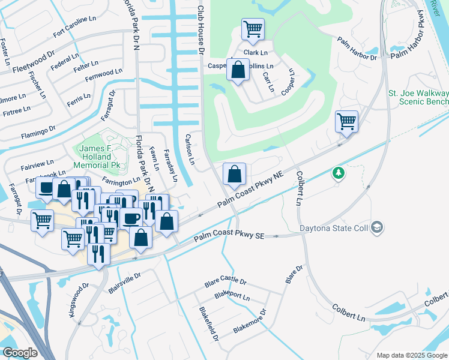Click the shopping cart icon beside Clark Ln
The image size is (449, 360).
click(x=253, y=29)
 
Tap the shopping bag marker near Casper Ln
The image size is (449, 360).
click(x=238, y=69)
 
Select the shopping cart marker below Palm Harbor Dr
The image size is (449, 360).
click(x=346, y=121)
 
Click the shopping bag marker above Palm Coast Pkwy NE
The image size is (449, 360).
click(x=235, y=174)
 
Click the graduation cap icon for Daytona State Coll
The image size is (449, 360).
click(x=376, y=227)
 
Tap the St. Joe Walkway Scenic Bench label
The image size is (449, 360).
click(x=418, y=98)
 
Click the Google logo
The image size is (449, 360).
click(x=20, y=352)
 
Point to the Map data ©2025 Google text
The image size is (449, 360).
click(x=411, y=355)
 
